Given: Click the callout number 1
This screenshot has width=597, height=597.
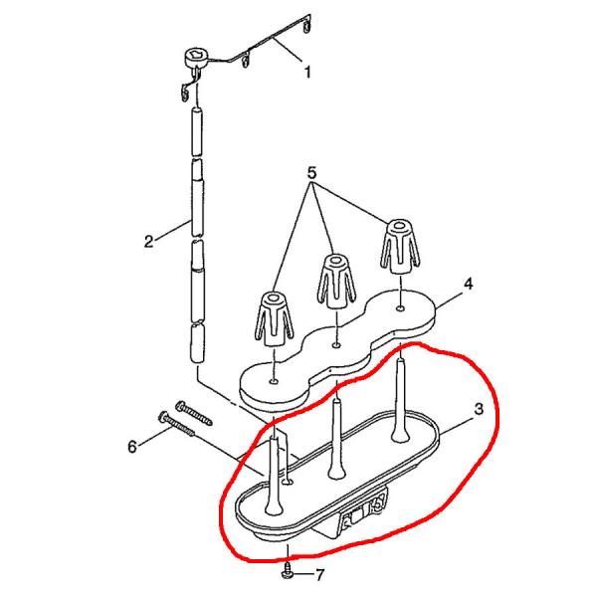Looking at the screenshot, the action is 307,72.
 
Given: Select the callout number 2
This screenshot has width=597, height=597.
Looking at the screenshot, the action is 149,242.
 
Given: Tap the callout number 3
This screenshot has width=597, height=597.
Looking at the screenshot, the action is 479,409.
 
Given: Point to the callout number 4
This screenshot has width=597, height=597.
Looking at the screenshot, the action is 469,284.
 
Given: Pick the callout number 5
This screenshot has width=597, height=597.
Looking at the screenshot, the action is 311,173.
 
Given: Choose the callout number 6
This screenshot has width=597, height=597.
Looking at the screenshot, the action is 132,447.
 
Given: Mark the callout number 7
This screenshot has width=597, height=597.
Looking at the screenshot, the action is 319,574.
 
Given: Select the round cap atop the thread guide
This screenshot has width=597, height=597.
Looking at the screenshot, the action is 196,58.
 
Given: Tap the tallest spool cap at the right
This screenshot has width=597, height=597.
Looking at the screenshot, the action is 399,246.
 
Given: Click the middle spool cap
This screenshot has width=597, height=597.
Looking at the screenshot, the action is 336,279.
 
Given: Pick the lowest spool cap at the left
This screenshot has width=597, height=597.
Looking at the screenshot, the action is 274,319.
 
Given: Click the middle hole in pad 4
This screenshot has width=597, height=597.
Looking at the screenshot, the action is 336,345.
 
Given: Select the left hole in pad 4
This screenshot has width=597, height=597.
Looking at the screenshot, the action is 274,381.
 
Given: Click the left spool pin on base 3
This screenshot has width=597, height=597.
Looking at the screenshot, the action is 275,476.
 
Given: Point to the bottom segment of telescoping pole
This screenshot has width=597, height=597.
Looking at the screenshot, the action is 197,343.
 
